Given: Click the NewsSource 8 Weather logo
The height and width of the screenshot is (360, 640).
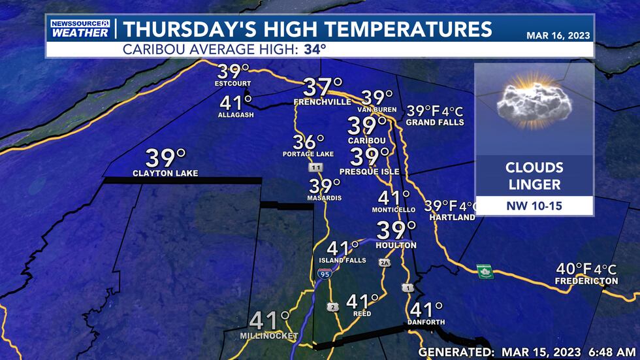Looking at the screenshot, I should [x=80, y=28].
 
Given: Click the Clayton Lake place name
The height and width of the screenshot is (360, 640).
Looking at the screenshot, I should [x=165, y=173].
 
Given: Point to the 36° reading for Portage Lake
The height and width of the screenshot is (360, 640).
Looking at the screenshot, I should [x=309, y=142].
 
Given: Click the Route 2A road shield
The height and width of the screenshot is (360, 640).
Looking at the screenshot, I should [x=385, y=263].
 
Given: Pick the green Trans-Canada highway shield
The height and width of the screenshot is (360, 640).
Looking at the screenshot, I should [x=485, y=271].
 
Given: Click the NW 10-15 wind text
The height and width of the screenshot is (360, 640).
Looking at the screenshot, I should [x=534, y=206].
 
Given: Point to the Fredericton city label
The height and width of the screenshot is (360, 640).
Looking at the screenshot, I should [x=586, y=281].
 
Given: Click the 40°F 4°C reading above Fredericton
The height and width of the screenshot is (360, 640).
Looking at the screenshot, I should [x=586, y=269].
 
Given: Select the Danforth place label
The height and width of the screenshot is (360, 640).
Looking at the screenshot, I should [x=426, y=322].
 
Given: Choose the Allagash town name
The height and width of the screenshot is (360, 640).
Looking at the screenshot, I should [x=236, y=115].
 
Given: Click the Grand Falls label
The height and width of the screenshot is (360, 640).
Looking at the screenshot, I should [x=435, y=122].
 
